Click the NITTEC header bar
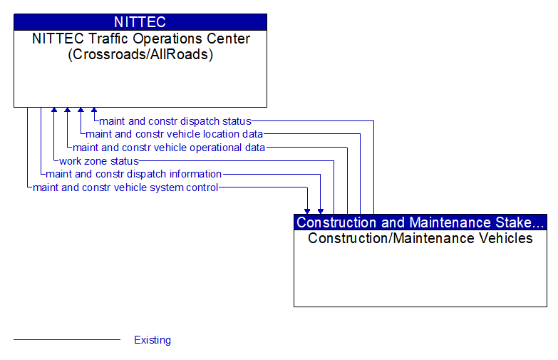tap(140, 21)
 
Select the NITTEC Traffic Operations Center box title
tap(140, 38)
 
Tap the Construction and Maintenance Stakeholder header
tap(420, 222)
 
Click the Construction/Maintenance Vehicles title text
tap(420, 238)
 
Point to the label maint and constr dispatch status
tap(175, 121)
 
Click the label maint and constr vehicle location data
tap(174, 134)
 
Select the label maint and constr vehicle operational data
tap(169, 148)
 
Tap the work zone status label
tap(98, 161)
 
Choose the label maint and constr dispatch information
tap(133, 174)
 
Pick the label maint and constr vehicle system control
tap(125, 187)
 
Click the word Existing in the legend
tap(153, 340)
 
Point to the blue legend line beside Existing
tap(67, 340)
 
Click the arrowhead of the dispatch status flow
tap(94, 111)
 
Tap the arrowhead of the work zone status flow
tap(54, 111)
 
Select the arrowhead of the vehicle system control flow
tap(307, 210)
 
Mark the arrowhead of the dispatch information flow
tap(321, 210)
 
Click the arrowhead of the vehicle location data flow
tap(81, 111)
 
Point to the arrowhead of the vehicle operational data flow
tap(67, 111)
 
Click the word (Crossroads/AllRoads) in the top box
tap(140, 54)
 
